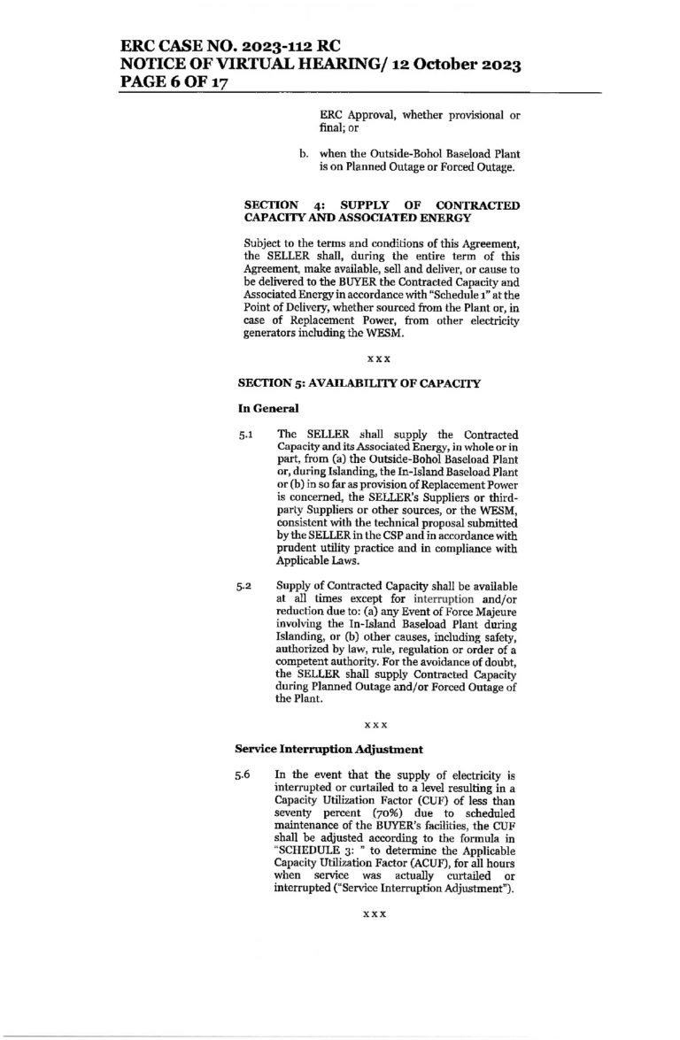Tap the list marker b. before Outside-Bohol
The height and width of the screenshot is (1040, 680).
(304, 155)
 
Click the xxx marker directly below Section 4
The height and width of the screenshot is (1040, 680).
(378, 359)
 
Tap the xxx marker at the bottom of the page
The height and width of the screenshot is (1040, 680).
(378, 913)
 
